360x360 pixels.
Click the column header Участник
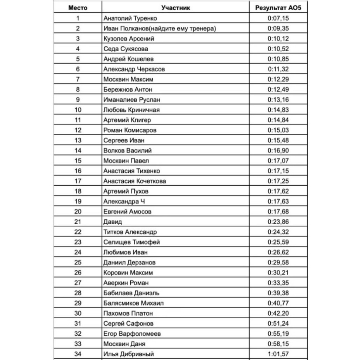click(176, 8)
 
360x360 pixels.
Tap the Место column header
click(78, 8)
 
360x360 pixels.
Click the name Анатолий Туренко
click(130, 18)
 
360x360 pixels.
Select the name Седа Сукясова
click(126, 49)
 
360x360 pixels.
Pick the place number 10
click(78, 110)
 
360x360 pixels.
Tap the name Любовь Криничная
click(131, 110)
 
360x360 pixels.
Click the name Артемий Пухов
click(126, 191)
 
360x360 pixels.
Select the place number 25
click(78, 263)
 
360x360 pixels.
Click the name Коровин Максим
click(128, 273)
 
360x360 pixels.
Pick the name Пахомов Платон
click(128, 314)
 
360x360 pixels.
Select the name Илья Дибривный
click(129, 354)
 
